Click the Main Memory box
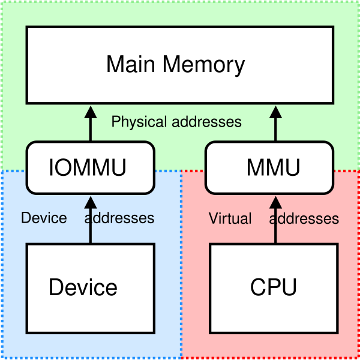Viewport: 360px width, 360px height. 179,65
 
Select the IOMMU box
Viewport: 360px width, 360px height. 90,167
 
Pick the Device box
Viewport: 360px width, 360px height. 90,287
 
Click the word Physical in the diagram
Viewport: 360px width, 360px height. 139,122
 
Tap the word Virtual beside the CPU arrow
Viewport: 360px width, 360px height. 230,218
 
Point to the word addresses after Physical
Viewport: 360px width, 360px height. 206,122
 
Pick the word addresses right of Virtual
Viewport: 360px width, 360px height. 304,218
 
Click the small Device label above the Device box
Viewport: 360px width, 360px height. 44,218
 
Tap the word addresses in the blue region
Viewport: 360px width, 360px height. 119,218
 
